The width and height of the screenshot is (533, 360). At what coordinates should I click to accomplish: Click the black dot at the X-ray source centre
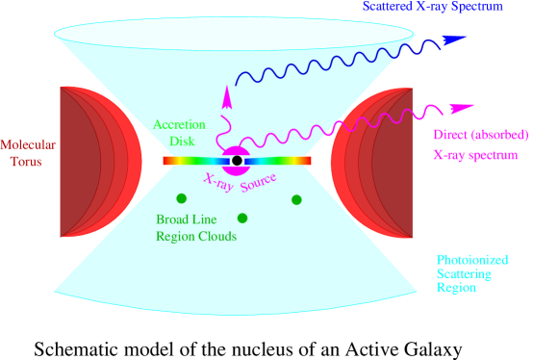click(x=237, y=160)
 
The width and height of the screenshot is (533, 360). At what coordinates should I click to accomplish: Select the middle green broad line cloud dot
click(x=242, y=218)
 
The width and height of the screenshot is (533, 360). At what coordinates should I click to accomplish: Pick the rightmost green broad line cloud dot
click(x=296, y=199)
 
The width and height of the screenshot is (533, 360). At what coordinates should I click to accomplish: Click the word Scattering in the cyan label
click(x=464, y=273)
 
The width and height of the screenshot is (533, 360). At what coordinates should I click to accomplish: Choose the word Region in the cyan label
click(x=456, y=288)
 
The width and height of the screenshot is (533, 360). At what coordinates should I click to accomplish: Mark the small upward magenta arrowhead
click(x=227, y=93)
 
